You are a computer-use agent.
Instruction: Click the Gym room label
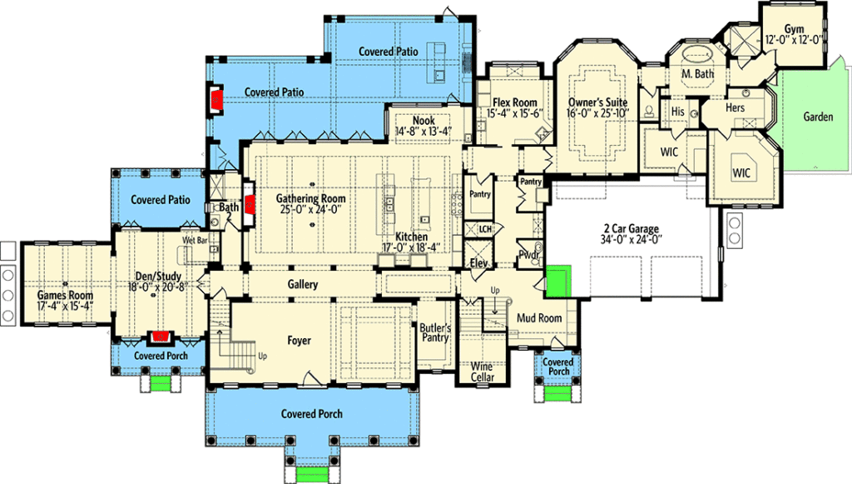click(x=794, y=29)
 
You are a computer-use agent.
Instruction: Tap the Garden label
click(x=818, y=117)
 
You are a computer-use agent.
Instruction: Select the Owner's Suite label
click(x=597, y=102)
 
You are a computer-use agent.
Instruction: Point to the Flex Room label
click(x=514, y=102)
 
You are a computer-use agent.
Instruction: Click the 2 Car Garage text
click(x=632, y=229)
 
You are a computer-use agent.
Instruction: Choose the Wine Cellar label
click(x=482, y=372)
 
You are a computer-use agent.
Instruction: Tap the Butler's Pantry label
click(x=435, y=333)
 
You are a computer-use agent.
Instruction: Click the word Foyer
click(x=299, y=341)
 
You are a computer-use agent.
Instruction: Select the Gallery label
click(x=303, y=284)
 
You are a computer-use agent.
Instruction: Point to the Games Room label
click(x=65, y=295)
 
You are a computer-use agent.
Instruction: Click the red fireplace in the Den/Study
click(x=160, y=337)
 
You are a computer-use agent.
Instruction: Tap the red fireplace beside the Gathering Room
click(x=250, y=204)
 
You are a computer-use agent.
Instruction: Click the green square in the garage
click(x=558, y=281)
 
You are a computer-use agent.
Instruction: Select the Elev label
click(x=478, y=263)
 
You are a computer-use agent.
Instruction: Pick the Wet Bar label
click(x=195, y=240)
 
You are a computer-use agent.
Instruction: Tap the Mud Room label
click(x=539, y=317)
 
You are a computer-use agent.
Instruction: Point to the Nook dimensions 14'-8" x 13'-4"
click(x=424, y=131)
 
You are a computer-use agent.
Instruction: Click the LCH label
click(x=485, y=229)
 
